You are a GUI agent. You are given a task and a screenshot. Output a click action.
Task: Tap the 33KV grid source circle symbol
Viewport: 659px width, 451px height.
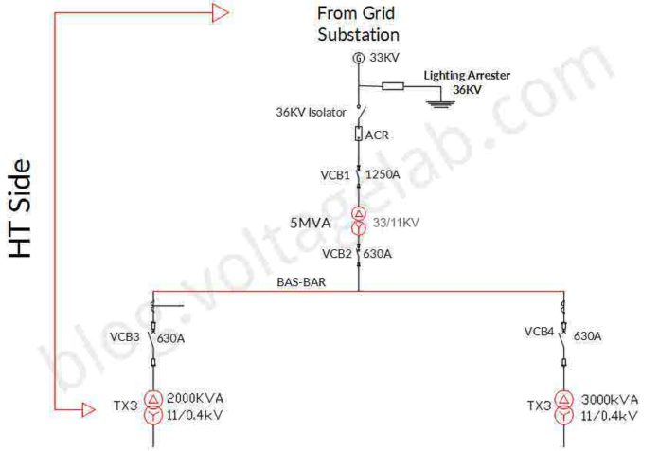tap(358, 59)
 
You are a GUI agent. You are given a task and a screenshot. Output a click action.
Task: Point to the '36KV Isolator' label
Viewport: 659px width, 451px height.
tap(311, 112)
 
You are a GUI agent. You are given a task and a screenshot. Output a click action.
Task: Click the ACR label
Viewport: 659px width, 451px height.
tap(377, 135)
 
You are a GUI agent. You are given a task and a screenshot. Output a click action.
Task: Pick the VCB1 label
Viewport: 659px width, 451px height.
tap(334, 175)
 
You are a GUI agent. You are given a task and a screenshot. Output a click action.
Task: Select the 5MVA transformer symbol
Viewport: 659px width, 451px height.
tap(358, 221)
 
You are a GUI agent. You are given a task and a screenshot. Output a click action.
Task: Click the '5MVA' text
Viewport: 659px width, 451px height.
tap(311, 224)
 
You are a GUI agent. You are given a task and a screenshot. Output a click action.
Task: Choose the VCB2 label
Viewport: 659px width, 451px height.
tap(336, 253)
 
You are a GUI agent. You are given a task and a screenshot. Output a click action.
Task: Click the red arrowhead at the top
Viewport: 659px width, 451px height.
tap(220, 12)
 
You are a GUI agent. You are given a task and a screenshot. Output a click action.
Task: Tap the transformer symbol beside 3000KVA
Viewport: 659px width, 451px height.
tap(564, 407)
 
